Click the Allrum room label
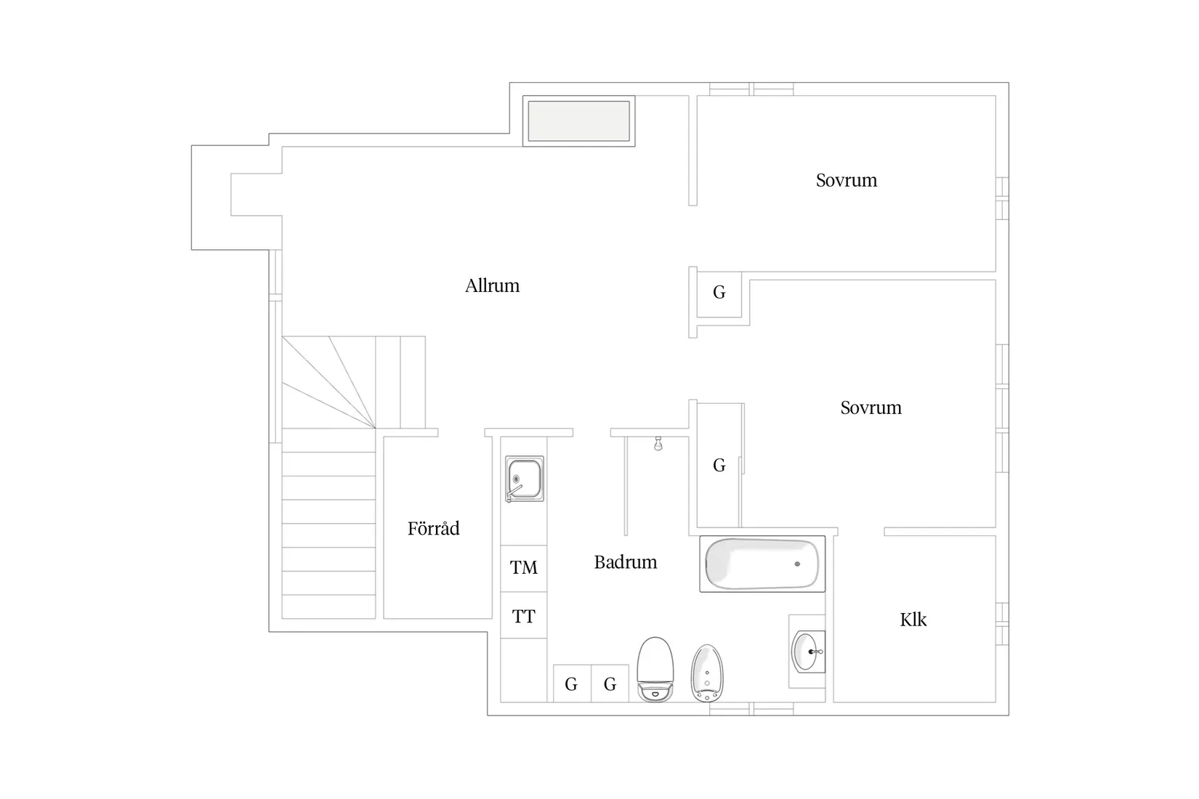click(x=492, y=285)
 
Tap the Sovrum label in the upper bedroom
click(x=846, y=180)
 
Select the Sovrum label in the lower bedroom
click(x=871, y=407)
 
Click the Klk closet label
click(x=913, y=620)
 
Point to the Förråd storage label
click(x=433, y=528)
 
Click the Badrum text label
click(x=625, y=562)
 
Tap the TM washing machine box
click(x=523, y=568)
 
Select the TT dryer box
click(x=523, y=616)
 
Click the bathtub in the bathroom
click(x=762, y=564)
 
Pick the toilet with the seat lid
click(x=655, y=669)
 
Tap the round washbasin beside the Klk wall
click(x=807, y=652)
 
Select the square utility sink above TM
click(x=524, y=479)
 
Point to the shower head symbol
click(x=658, y=444)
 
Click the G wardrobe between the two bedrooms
click(x=719, y=293)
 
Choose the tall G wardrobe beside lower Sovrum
click(x=719, y=466)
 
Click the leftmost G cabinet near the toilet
click(x=571, y=684)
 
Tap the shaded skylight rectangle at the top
click(x=578, y=121)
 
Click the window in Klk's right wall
click(x=1002, y=623)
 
